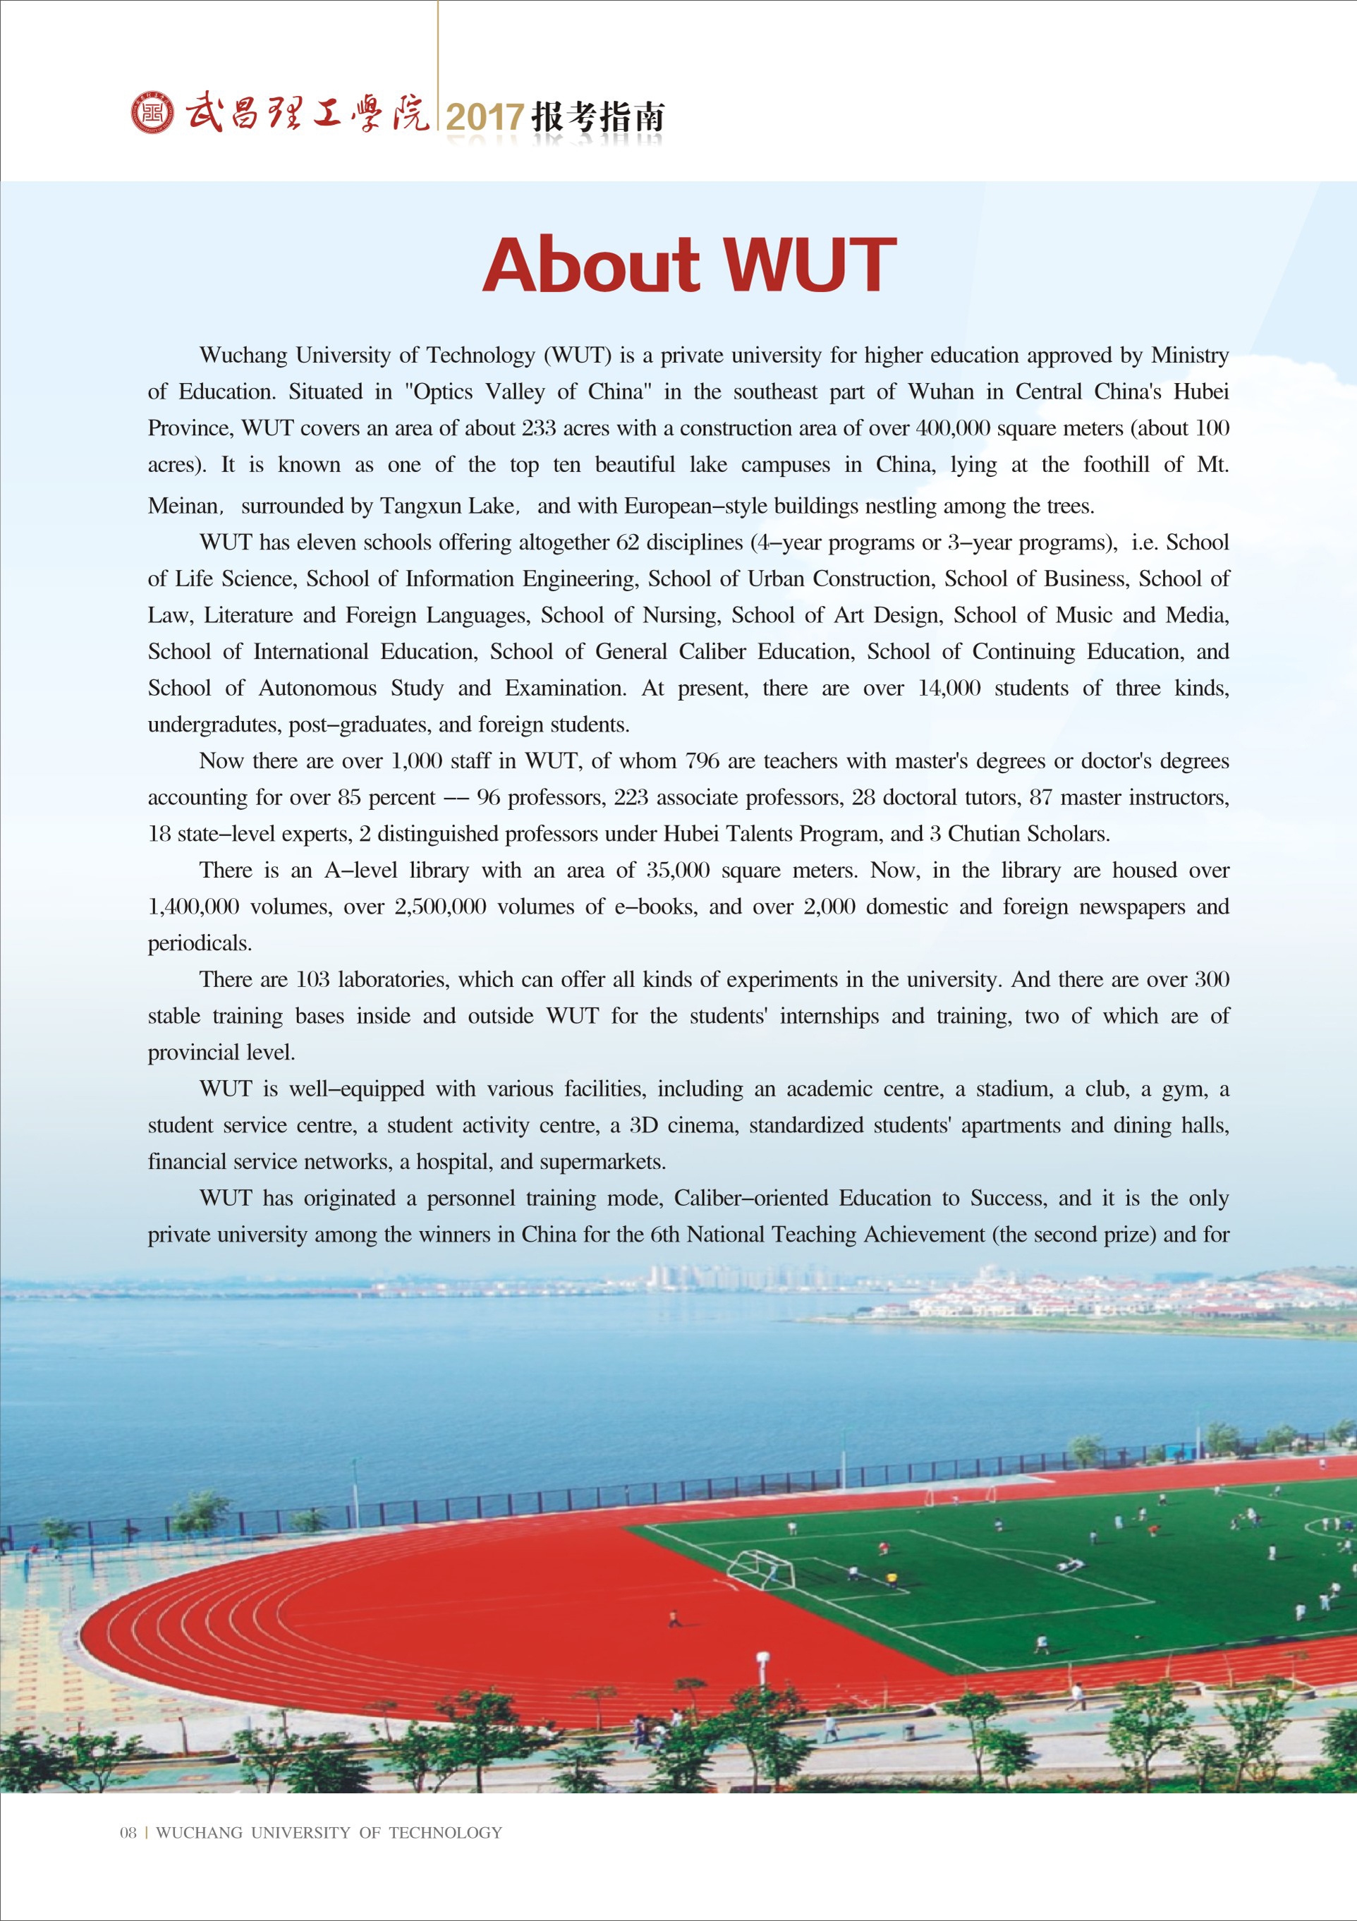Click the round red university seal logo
pos(153,113)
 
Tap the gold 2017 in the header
pos(485,117)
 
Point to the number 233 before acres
pos(539,428)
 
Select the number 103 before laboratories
pos(313,979)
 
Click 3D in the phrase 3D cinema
pos(643,1125)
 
